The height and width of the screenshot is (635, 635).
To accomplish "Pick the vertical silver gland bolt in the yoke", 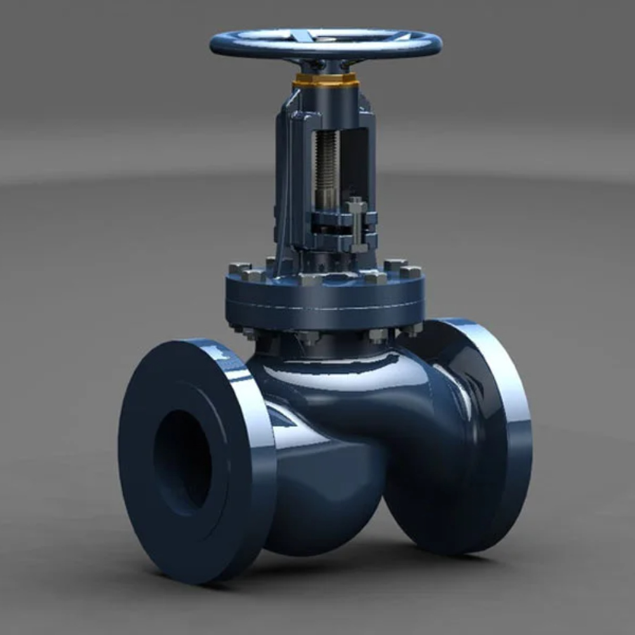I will (x=356, y=225).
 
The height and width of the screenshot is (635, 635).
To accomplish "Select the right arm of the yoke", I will (x=368, y=159).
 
